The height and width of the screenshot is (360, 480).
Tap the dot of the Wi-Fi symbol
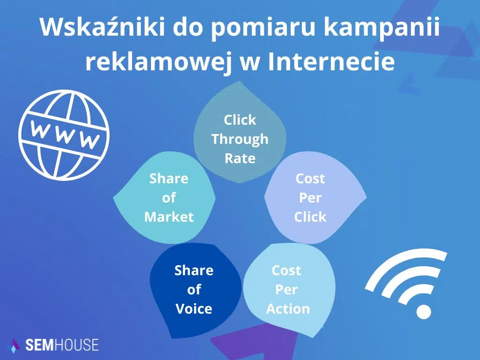click(x=423, y=312)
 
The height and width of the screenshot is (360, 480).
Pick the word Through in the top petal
click(x=240, y=139)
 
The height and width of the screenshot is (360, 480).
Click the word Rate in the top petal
click(x=240, y=158)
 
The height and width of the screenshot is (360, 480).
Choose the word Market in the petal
click(x=169, y=217)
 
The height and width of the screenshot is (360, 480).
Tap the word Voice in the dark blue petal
click(x=194, y=309)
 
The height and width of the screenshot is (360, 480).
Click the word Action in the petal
click(x=288, y=309)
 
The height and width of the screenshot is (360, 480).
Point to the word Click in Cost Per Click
click(x=310, y=217)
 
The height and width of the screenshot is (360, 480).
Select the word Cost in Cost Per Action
click(x=286, y=270)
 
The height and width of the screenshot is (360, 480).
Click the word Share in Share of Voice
click(x=194, y=270)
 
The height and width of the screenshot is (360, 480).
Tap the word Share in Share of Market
click(x=169, y=179)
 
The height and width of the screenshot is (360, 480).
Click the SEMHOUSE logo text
click(x=62, y=345)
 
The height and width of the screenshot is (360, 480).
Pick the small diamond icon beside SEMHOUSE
click(x=15, y=345)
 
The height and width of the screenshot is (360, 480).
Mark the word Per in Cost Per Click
click(x=310, y=198)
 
